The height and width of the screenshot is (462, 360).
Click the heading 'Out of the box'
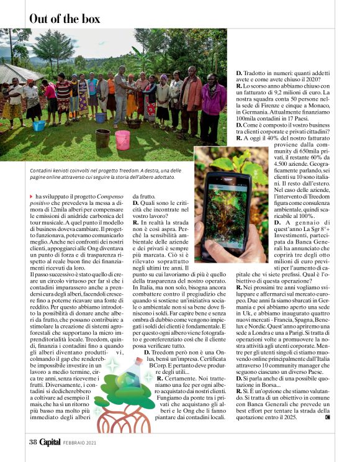coord(65,19)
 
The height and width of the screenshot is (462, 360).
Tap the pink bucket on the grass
coord(122,140)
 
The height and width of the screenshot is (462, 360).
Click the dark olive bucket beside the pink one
coord(103,138)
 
